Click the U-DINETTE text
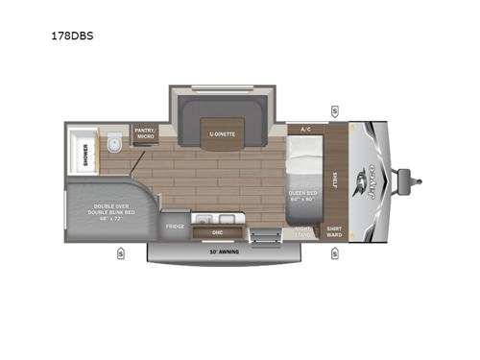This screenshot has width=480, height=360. coord(223,133)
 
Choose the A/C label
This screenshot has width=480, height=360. coord(306,128)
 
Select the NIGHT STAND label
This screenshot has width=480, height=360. coord(302,231)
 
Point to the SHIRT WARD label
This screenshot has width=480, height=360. coord(334,231)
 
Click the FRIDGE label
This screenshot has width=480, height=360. coord(175,227)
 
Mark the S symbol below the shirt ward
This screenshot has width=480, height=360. coord(333,254)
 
